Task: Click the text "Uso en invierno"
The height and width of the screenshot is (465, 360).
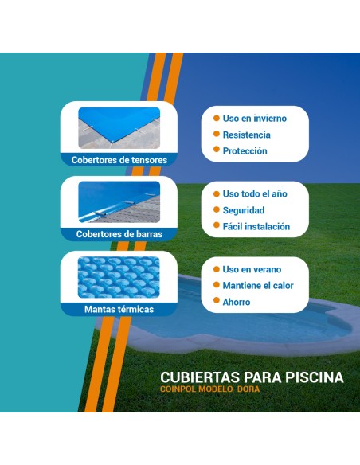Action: [x=254, y=119]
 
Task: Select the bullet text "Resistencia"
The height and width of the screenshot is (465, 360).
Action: [x=246, y=135]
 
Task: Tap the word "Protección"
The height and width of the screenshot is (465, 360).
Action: [x=245, y=151]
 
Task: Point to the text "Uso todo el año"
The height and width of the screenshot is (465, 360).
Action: [x=255, y=194]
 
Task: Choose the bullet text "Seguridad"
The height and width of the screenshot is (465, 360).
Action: [x=244, y=210]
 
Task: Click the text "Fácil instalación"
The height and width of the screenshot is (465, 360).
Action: [x=256, y=227]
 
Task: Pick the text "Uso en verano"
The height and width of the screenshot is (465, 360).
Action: [x=252, y=270]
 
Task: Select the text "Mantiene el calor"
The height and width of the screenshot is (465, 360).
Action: [x=258, y=286]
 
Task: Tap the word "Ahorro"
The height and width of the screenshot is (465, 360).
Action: [x=237, y=303]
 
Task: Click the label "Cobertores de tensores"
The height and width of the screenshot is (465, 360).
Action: [x=119, y=160]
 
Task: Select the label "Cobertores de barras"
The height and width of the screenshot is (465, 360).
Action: [x=119, y=235]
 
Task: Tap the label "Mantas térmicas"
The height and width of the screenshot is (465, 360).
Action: [x=119, y=309]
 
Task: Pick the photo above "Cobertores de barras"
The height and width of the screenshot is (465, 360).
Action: [x=119, y=202]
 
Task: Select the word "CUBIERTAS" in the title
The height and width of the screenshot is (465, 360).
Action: [x=196, y=377]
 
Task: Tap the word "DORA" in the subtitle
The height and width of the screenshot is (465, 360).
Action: [x=248, y=389]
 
